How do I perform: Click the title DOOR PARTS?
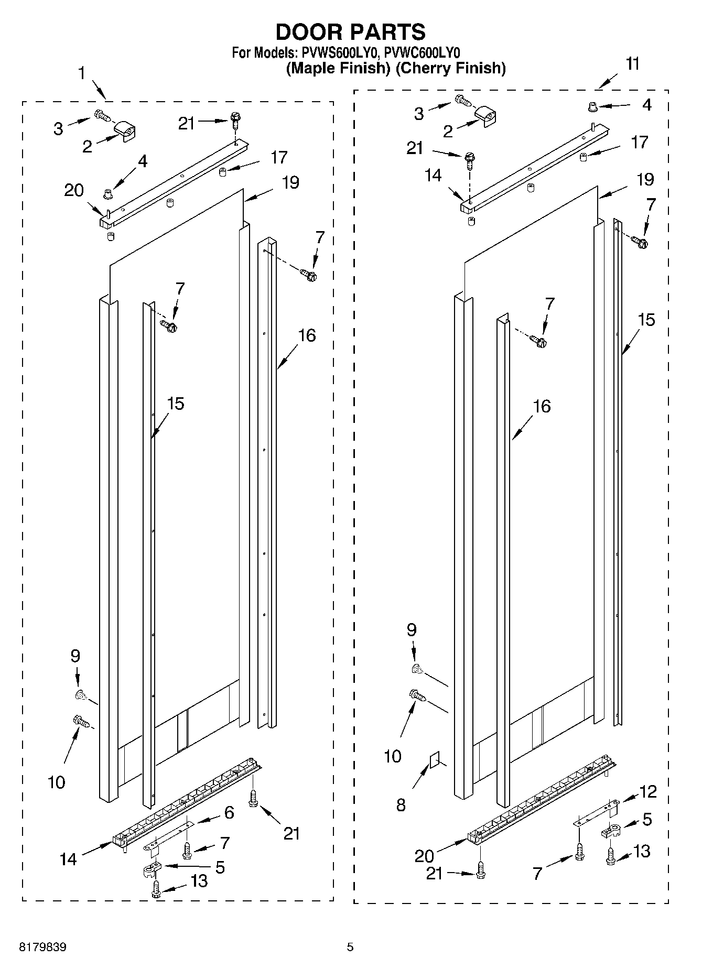tap(350, 32)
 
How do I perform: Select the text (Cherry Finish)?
tap(450, 68)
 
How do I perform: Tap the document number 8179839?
tap(43, 947)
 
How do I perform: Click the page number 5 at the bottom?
tap(350, 947)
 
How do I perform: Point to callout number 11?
tap(633, 63)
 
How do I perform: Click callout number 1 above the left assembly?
tap(82, 73)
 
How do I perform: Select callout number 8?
tap(401, 804)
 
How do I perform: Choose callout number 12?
tap(648, 791)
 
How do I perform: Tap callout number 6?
tap(229, 813)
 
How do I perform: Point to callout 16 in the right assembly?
tap(542, 406)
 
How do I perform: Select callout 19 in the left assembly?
tap(290, 182)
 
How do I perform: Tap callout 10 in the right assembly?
tap(393, 756)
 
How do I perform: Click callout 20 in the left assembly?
tap(74, 190)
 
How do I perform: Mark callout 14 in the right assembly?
tap(434, 175)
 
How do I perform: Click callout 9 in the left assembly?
tap(75, 656)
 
